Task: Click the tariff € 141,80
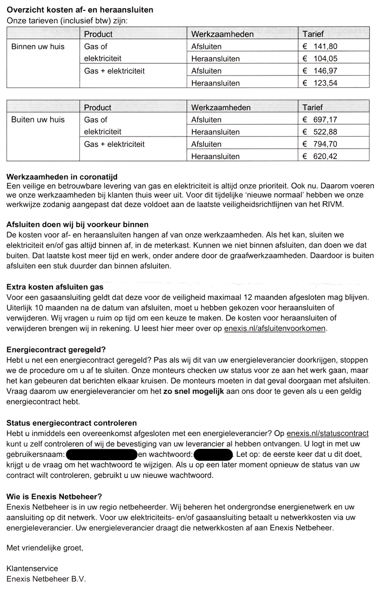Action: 320,47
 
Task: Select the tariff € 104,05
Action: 320,59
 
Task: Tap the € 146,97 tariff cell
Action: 320,71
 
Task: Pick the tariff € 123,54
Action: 320,84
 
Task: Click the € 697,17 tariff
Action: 320,120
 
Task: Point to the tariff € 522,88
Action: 320,132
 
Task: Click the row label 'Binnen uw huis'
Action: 38,47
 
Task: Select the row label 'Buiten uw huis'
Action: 38,120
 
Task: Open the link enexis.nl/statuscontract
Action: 327,434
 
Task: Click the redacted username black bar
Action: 102,455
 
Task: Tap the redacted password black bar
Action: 213,455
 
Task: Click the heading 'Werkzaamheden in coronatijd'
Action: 62,177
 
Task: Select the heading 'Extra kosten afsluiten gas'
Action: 55,287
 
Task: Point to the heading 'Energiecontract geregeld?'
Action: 56,350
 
